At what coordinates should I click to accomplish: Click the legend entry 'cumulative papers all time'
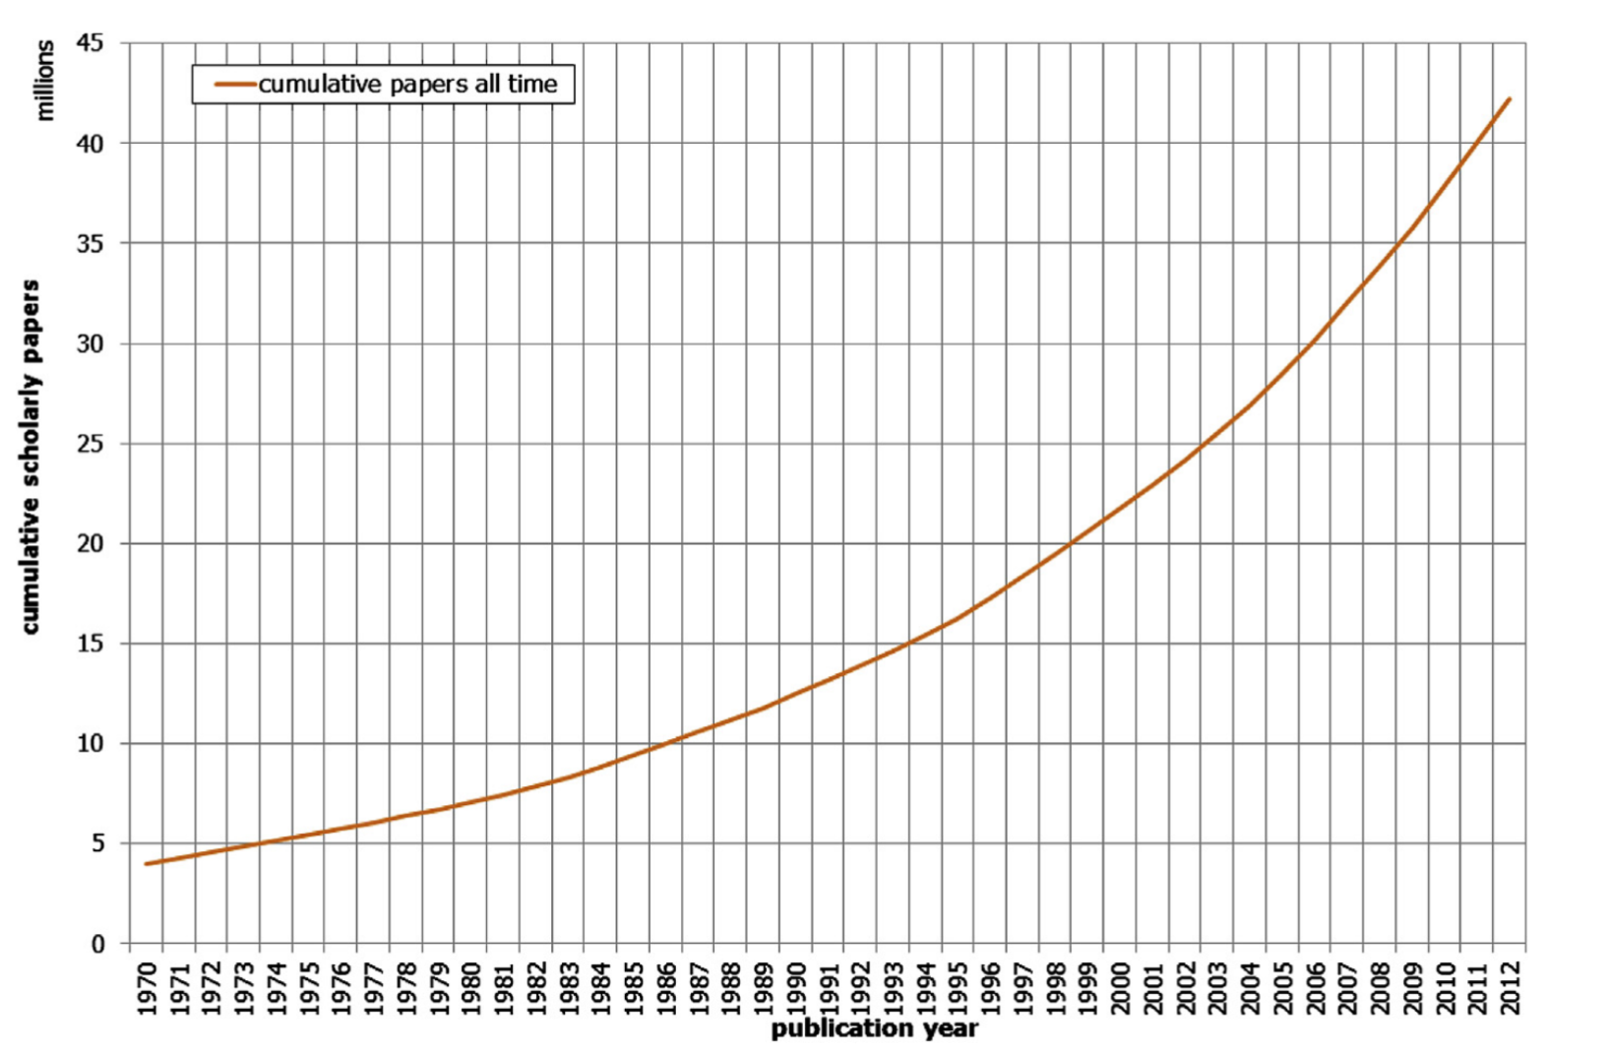[407, 85]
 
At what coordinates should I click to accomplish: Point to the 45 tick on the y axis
[91, 43]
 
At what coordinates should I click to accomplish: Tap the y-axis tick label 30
[91, 343]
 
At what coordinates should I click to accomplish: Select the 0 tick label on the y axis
[97, 944]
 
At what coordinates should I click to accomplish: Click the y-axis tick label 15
[91, 644]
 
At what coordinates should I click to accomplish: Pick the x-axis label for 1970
[147, 988]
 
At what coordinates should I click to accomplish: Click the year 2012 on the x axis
[1511, 988]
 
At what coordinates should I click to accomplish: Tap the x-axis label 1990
[796, 988]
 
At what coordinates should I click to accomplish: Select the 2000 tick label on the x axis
[1121, 988]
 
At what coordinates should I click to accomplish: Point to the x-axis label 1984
[601, 988]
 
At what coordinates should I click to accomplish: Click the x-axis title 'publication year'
[874, 1029]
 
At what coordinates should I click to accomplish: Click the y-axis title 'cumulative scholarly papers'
[31, 457]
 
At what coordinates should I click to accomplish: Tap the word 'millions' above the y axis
[44, 81]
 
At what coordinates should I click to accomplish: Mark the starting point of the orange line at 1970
[147, 864]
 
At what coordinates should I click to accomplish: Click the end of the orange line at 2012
[1510, 98]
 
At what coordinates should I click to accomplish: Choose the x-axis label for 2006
[1316, 988]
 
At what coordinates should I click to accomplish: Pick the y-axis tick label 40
[91, 144]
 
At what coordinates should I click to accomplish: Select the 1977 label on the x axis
[374, 988]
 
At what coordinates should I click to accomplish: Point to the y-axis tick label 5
[97, 843]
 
